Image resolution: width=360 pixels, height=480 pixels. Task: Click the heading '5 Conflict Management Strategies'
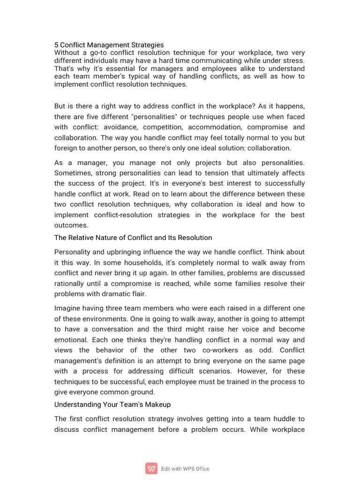coord(109,45)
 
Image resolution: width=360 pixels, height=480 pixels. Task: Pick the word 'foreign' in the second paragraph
coord(67,148)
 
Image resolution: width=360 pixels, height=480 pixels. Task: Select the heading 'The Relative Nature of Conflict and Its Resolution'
coord(133,238)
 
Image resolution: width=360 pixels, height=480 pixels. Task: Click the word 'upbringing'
coord(121,252)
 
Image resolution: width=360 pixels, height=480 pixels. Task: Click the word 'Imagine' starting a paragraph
coord(67,308)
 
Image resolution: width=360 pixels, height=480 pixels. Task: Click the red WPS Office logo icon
coord(151,468)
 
